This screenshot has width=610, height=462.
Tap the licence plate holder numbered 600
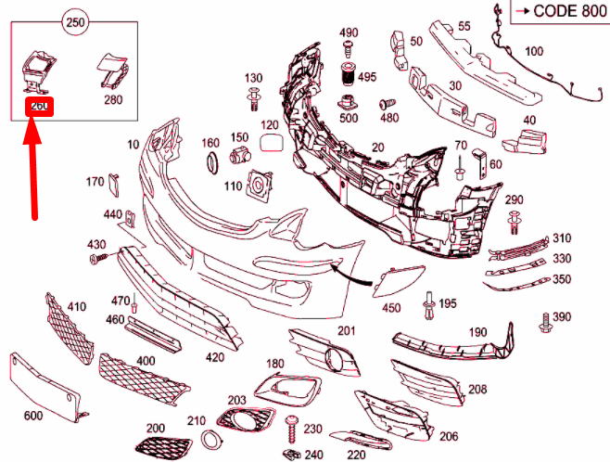click(46, 385)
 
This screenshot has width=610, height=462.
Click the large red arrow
click(34, 167)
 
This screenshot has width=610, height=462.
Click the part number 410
click(76, 306)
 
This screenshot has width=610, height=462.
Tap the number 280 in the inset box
click(112, 100)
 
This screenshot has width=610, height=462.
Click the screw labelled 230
click(293, 428)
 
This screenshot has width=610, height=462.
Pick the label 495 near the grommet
click(368, 76)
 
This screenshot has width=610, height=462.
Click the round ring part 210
click(211, 440)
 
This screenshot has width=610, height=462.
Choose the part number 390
click(563, 317)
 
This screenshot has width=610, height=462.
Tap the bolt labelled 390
click(544, 324)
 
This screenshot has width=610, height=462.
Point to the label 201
click(346, 331)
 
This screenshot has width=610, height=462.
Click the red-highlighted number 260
click(39, 106)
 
